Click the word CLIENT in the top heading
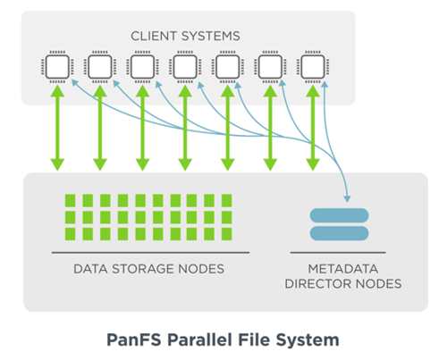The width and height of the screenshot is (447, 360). pos(154,36)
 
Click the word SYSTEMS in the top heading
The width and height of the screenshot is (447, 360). pos(211,36)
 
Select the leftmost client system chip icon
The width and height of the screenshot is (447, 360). pos(57,67)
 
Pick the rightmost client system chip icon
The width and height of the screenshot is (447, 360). pos(313,67)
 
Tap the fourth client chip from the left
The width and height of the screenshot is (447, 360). pos(185,67)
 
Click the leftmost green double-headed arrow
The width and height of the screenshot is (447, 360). pos(57,128)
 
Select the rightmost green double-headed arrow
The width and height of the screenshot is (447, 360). pos(313,128)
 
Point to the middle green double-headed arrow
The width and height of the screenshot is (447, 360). pos(185,128)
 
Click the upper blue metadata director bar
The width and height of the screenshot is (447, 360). pos(340,215)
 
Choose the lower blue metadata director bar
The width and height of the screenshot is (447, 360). pos(340,233)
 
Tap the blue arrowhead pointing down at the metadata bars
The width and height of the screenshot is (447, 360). pos(347,198)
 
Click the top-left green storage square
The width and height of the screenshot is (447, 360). pos(71,200)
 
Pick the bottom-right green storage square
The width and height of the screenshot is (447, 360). pos(227,234)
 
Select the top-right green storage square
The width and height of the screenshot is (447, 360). pos(227,200)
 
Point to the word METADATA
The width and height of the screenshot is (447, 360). pos(343,269)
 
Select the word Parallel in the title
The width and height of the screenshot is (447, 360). pos(199,339)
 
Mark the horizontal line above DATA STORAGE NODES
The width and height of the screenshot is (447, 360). pos(150,253)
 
